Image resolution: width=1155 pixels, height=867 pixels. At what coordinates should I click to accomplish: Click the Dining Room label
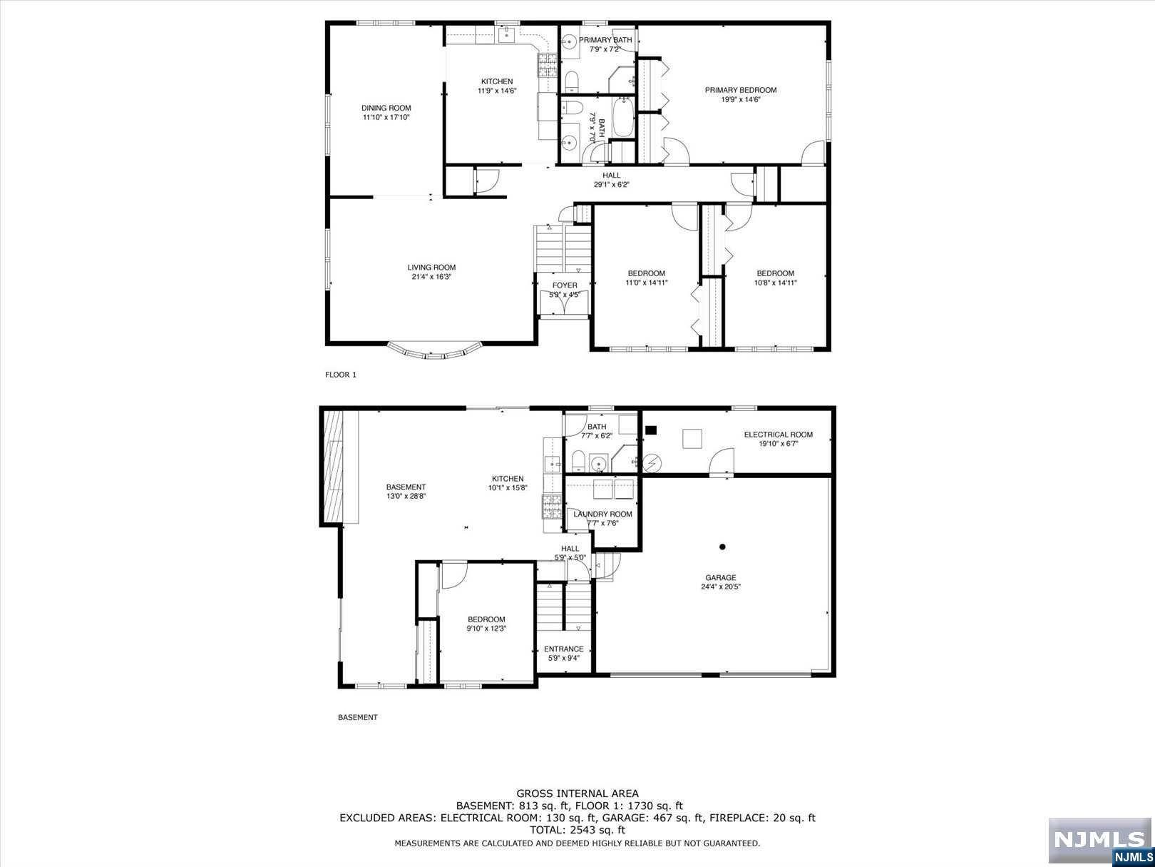[386, 108]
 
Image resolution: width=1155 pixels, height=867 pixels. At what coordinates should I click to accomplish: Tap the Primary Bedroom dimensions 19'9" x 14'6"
[740, 99]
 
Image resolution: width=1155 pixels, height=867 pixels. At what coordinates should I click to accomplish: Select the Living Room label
[431, 268]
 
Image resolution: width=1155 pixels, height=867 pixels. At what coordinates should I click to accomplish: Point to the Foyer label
[565, 285]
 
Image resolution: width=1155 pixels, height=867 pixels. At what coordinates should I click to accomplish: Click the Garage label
[720, 577]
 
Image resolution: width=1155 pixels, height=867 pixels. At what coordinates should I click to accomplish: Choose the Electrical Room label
[779, 435]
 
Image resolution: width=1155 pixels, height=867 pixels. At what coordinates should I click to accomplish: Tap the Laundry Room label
[603, 514]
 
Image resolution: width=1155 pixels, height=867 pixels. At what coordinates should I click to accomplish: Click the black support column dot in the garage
[722, 547]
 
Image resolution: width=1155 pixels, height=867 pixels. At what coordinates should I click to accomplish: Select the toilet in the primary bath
[572, 81]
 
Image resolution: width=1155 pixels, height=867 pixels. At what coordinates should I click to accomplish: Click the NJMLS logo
[1100, 841]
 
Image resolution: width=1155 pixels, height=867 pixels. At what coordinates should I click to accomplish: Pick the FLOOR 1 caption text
[341, 375]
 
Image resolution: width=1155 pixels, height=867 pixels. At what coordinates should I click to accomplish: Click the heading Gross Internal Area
[577, 794]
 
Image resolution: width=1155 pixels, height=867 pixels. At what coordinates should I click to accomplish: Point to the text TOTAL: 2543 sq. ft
[577, 830]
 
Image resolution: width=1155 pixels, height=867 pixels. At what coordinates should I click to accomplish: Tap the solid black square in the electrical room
[651, 430]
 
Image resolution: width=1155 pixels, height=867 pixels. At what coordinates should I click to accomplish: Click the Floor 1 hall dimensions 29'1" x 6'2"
[612, 185]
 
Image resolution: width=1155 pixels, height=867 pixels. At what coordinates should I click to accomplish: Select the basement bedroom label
[486, 619]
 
